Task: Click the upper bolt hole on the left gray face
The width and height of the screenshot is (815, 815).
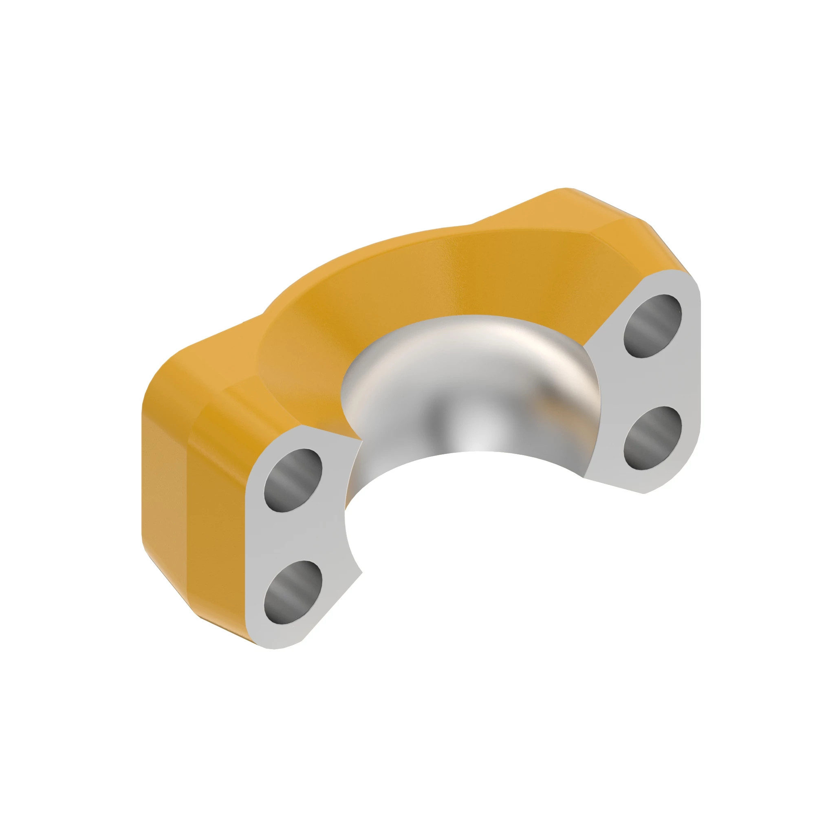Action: tap(293, 480)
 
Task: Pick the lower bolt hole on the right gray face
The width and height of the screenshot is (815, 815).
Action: tap(653, 438)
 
